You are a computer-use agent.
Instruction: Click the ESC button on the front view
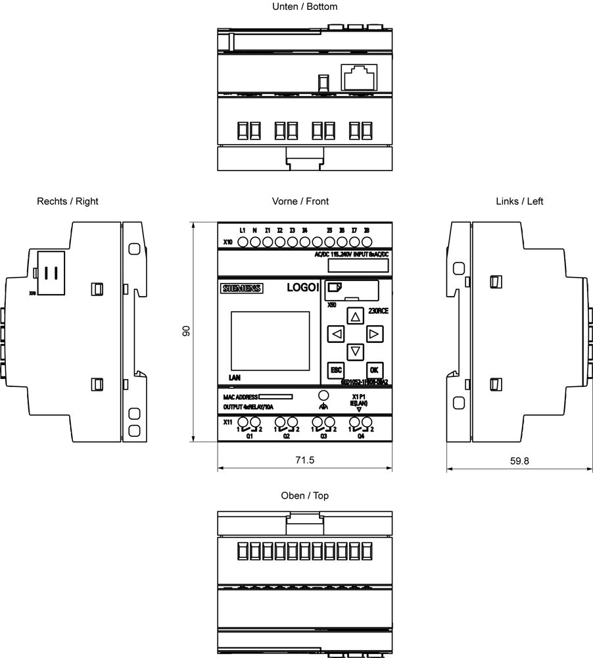[336, 370]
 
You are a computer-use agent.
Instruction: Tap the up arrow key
[356, 316]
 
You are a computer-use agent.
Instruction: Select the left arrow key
[336, 334]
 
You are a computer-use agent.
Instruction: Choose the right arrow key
[374, 334]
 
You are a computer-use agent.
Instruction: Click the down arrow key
[356, 352]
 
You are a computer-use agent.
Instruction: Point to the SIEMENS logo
[241, 288]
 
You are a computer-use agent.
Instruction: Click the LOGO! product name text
[303, 288]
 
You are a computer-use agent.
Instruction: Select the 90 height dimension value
[186, 331]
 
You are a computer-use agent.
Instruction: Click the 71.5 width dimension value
[304, 461]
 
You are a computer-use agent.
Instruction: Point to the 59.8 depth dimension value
[519, 461]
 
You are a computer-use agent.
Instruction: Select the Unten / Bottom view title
[304, 7]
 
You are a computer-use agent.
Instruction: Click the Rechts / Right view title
[68, 201]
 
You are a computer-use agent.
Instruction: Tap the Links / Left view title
[519, 201]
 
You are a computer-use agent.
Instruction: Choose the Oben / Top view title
[304, 495]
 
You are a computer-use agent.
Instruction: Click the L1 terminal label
[242, 230]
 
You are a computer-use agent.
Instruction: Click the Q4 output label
[360, 436]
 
